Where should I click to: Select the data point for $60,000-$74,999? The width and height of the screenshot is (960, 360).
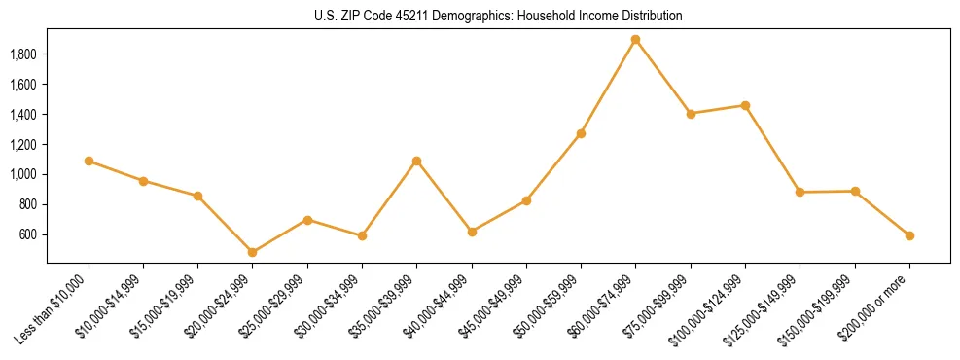pos(636,40)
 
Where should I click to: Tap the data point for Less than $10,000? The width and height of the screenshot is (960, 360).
pos(89,161)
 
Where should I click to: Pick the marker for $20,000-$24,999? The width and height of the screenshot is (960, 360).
pos(253,252)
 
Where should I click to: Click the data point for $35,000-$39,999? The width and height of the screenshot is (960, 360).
pos(417,161)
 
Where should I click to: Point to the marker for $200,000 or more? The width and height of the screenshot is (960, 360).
pos(909,235)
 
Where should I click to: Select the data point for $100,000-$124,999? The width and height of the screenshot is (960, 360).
pos(745,105)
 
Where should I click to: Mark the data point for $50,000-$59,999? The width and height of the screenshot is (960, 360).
pos(581,133)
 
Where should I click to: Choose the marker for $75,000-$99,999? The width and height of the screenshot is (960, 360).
pos(691,114)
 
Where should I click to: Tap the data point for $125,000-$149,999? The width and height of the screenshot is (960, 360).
pos(800,192)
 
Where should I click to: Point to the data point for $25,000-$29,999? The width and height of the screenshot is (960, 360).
pos(307,220)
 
